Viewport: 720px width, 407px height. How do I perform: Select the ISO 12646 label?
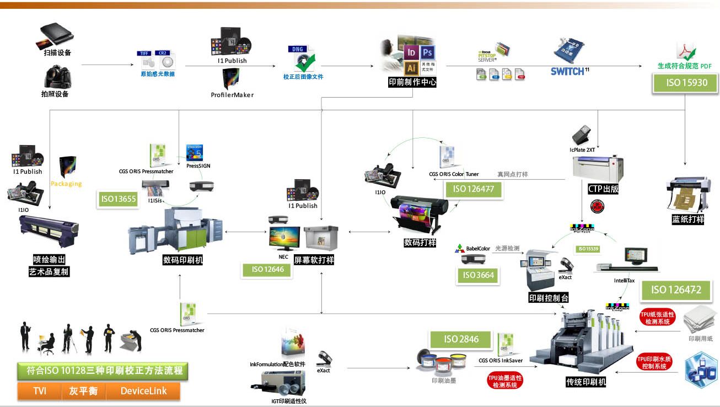(x=265, y=270)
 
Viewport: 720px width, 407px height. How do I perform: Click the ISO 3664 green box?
(x=478, y=275)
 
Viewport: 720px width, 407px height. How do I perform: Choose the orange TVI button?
(x=40, y=391)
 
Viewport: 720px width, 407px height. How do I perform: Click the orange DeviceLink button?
(x=143, y=391)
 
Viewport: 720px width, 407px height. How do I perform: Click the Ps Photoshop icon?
(x=427, y=53)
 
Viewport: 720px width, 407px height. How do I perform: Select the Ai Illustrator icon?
(x=411, y=68)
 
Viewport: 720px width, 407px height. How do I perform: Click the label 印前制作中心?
(x=412, y=82)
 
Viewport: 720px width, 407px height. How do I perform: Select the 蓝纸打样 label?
(x=688, y=219)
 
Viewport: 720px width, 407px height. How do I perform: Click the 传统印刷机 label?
(x=586, y=382)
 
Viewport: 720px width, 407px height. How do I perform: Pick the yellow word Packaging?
(x=66, y=184)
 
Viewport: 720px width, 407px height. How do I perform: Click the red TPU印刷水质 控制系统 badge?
(x=655, y=362)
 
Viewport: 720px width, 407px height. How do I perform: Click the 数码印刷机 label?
(x=182, y=259)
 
